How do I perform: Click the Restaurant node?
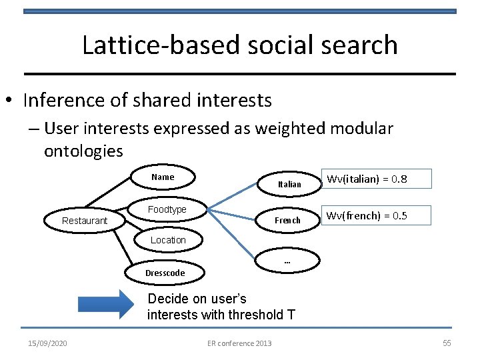pos(84,221)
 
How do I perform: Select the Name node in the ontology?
pos(163,177)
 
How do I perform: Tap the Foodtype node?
pos(167,210)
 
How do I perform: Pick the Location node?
pos(168,240)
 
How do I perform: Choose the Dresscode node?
pos(165,273)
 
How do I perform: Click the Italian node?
pos(289,184)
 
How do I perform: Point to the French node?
pos(288,221)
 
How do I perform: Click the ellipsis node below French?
pos(287,262)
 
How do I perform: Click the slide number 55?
pos(447,343)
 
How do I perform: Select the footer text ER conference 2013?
pos(239,343)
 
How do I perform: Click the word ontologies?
pos(83,151)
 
